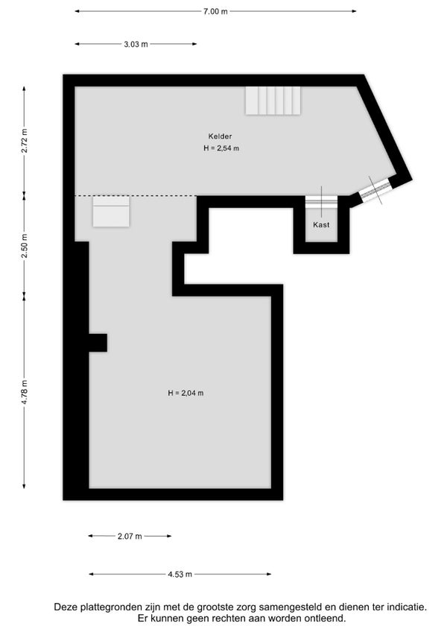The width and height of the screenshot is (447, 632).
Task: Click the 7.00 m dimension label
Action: click(x=215, y=11)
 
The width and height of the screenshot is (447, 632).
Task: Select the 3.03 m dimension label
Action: click(x=136, y=44)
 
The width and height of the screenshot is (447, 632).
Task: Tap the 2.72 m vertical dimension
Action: click(x=24, y=140)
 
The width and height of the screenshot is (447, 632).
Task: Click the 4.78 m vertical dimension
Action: click(x=24, y=392)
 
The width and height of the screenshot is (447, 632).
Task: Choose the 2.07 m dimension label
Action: click(x=130, y=536)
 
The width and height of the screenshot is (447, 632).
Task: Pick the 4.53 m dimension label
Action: click(x=180, y=574)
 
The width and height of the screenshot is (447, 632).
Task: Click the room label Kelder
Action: click(x=220, y=136)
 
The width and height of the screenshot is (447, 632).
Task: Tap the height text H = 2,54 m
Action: click(x=221, y=148)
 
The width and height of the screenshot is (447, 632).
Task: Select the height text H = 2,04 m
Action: click(x=186, y=393)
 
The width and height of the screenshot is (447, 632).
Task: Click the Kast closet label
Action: click(x=321, y=225)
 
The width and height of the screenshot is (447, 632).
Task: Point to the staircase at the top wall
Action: click(x=273, y=101)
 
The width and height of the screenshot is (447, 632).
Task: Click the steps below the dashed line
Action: click(x=111, y=212)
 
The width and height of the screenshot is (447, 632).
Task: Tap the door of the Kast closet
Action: click(x=321, y=201)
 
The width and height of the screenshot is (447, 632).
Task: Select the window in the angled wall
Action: click(x=375, y=190)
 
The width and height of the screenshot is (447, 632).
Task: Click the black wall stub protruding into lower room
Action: click(x=98, y=343)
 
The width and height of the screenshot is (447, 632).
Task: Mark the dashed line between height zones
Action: click(x=136, y=196)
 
